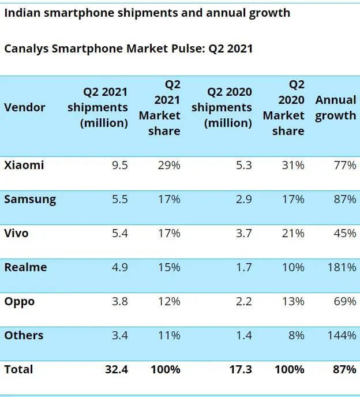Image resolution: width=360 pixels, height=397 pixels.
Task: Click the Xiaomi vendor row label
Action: (24, 165)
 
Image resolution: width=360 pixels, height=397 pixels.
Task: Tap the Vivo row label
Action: (16, 233)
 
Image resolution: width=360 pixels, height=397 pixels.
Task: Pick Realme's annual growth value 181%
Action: (343, 267)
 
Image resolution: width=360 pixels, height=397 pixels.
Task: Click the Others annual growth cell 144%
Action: (343, 335)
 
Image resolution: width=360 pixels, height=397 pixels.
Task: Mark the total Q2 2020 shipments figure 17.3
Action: (239, 369)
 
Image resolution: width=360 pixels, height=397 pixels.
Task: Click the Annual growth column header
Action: (335, 107)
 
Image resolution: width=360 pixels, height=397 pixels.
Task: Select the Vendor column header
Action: (24, 107)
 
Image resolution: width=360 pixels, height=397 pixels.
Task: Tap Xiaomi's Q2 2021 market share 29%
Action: (169, 165)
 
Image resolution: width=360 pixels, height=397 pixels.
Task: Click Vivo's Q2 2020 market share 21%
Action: (293, 233)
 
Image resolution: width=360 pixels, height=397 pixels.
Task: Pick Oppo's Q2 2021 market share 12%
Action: (169, 301)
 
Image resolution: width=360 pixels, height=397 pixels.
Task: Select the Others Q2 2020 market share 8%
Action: (297, 335)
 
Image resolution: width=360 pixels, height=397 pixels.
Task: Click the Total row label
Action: (18, 369)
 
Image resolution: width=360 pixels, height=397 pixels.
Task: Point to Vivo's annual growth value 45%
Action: (345, 233)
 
